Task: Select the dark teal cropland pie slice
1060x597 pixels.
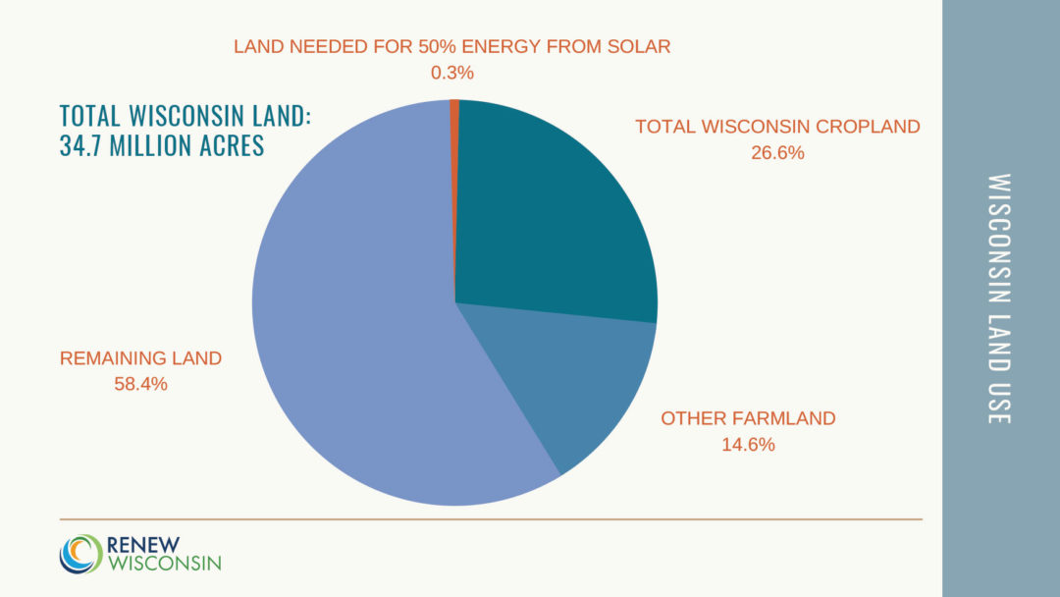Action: click(550, 216)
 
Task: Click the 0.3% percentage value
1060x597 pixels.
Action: click(452, 73)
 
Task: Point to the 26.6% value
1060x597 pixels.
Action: click(777, 152)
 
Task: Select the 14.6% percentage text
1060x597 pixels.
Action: click(748, 444)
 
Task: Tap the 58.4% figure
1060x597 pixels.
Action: click(140, 384)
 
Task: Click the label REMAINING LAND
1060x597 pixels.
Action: click(140, 358)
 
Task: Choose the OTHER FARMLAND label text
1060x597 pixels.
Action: click(748, 418)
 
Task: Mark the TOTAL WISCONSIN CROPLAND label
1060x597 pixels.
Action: click(777, 127)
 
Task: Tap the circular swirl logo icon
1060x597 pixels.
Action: click(79, 553)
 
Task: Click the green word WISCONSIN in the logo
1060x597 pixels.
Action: click(164, 563)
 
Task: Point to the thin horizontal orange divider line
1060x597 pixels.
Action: click(491, 518)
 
